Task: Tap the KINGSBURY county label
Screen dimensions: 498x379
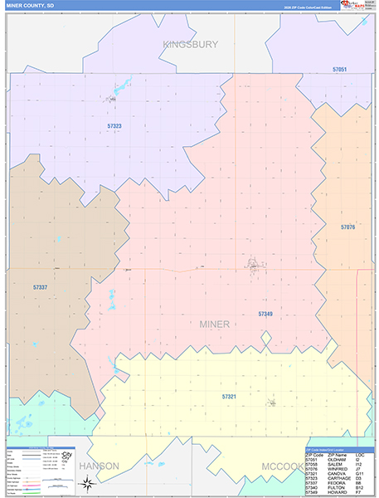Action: [190, 44]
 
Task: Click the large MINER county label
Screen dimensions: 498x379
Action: [215, 324]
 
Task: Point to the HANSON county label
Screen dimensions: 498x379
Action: [99, 466]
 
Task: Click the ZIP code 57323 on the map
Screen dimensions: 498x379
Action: [114, 126]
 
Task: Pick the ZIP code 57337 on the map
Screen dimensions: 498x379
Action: [41, 287]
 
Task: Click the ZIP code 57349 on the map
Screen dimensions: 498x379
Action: [265, 314]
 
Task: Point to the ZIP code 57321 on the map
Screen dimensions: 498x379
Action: [229, 397]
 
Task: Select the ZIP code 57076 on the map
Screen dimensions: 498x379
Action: [347, 227]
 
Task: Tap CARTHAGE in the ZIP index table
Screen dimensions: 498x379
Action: [335, 478]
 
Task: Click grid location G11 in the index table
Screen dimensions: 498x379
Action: [360, 474]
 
